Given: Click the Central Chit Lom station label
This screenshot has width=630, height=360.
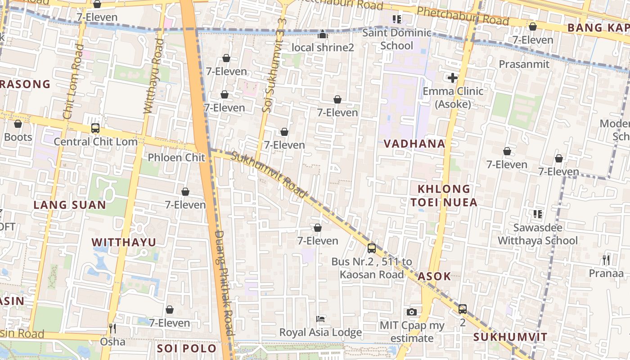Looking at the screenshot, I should point(95,142).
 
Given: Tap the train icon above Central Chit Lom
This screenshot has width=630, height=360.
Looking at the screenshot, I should point(95,128).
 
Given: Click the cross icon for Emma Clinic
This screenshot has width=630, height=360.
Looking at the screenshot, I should point(453,78).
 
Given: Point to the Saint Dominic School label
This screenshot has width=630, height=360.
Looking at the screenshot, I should point(396,39).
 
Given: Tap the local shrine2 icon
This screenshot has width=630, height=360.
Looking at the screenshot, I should point(323,34).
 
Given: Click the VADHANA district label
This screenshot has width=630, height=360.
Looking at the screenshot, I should point(414,144).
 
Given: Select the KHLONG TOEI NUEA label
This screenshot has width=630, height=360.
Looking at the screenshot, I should point(444,196).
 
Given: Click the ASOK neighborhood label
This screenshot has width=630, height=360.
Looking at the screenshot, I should point(434,276).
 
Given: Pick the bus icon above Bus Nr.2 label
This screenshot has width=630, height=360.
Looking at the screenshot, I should point(372,248).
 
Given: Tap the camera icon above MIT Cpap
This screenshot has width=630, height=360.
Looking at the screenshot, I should point(411,312).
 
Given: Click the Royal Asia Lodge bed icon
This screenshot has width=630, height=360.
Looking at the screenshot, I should point(320,319).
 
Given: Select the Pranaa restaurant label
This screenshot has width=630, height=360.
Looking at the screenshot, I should point(606,273).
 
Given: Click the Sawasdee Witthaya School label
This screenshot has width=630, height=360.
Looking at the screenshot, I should point(537,234).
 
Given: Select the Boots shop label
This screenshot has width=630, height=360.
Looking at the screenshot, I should point(18,137).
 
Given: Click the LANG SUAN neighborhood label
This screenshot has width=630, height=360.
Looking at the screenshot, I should point(70,205).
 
